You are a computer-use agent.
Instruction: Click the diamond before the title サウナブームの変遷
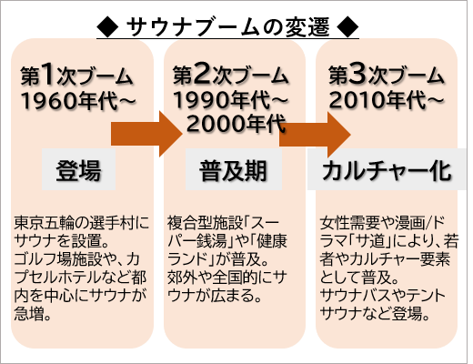coord(107,27)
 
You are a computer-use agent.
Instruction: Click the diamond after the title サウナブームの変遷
coord(347,27)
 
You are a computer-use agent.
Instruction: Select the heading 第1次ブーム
coord(76,75)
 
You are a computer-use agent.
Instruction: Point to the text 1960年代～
coord(78,101)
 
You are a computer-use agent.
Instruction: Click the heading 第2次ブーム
coord(230,75)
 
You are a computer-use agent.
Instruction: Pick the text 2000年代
coord(236,124)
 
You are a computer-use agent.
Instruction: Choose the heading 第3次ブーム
coord(386,75)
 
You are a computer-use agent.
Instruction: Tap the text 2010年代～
coord(386,100)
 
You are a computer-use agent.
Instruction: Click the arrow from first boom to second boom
coord(146,134)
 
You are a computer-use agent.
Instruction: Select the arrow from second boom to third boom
coord(315,135)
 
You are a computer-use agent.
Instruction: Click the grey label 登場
coord(78,169)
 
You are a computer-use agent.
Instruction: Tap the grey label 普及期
coord(234,169)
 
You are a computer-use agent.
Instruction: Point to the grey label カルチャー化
coord(387,169)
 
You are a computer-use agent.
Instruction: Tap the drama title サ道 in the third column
coord(370,241)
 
